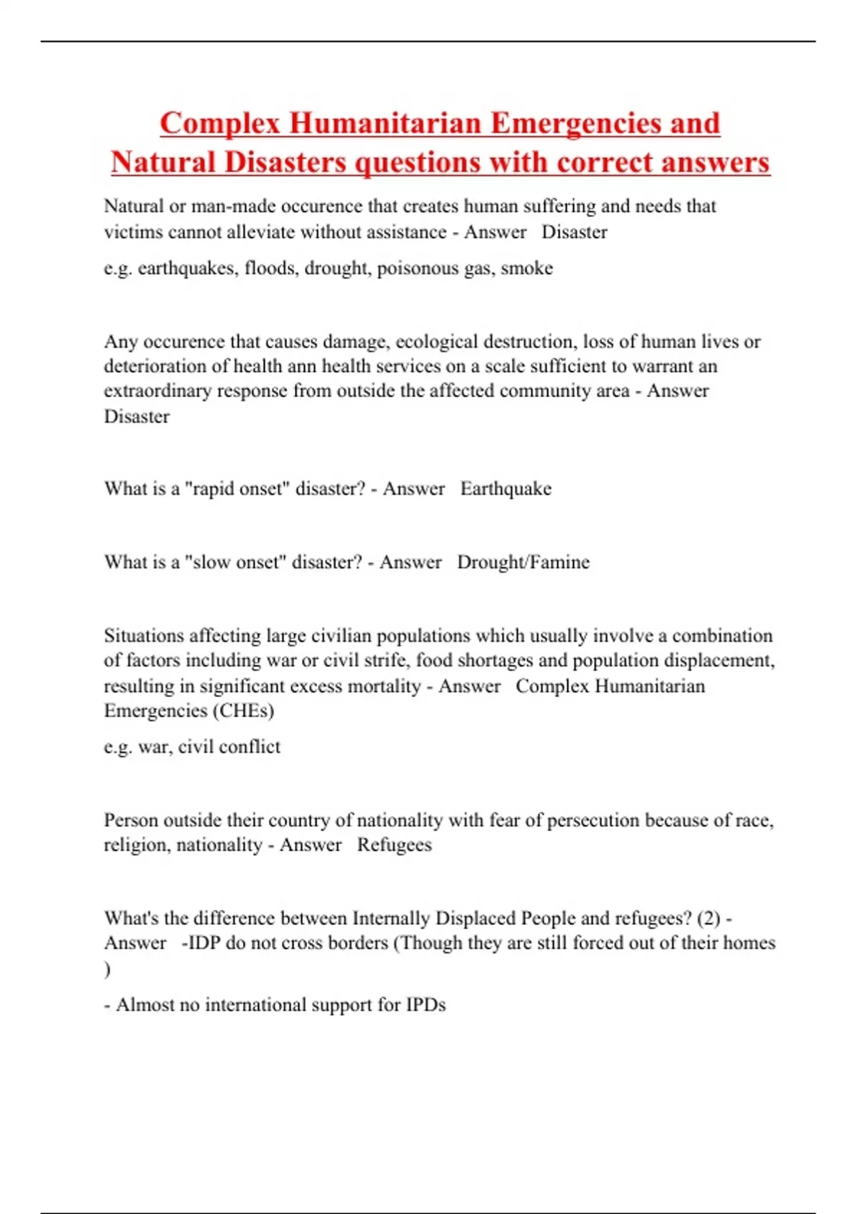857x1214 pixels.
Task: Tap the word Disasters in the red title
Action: [284, 163]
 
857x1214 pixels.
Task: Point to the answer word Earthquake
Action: [506, 489]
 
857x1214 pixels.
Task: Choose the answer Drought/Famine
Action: [523, 563]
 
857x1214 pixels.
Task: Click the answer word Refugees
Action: [394, 846]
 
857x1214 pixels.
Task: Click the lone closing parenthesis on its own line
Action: [108, 970]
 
